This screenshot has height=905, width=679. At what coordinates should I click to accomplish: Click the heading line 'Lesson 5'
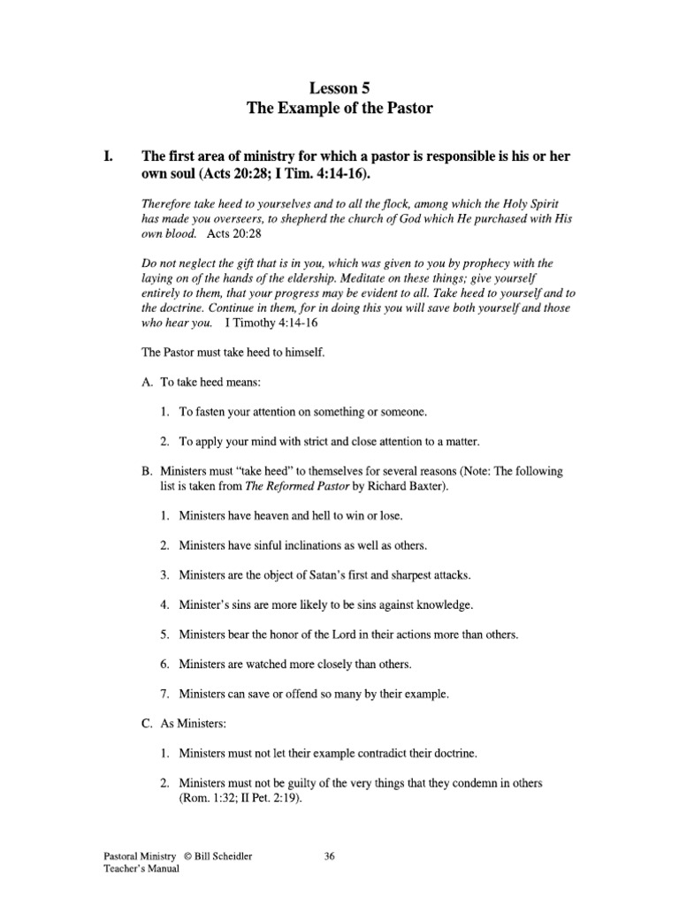coord(339,88)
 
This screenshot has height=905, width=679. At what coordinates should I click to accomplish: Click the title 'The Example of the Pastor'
coord(339,110)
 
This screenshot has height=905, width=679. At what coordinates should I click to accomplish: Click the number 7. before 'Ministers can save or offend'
coord(165,694)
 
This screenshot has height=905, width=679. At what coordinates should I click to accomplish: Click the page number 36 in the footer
coord(330,856)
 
